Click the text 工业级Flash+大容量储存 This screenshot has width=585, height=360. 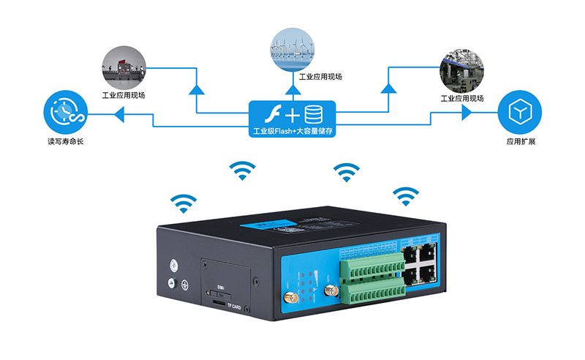pos(292,132)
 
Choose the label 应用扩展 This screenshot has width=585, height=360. pos(520,141)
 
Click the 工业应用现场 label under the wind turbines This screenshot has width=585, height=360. pos(320,76)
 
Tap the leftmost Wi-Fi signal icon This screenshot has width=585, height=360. pos(184,202)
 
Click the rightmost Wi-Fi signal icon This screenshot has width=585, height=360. pos(405,194)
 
